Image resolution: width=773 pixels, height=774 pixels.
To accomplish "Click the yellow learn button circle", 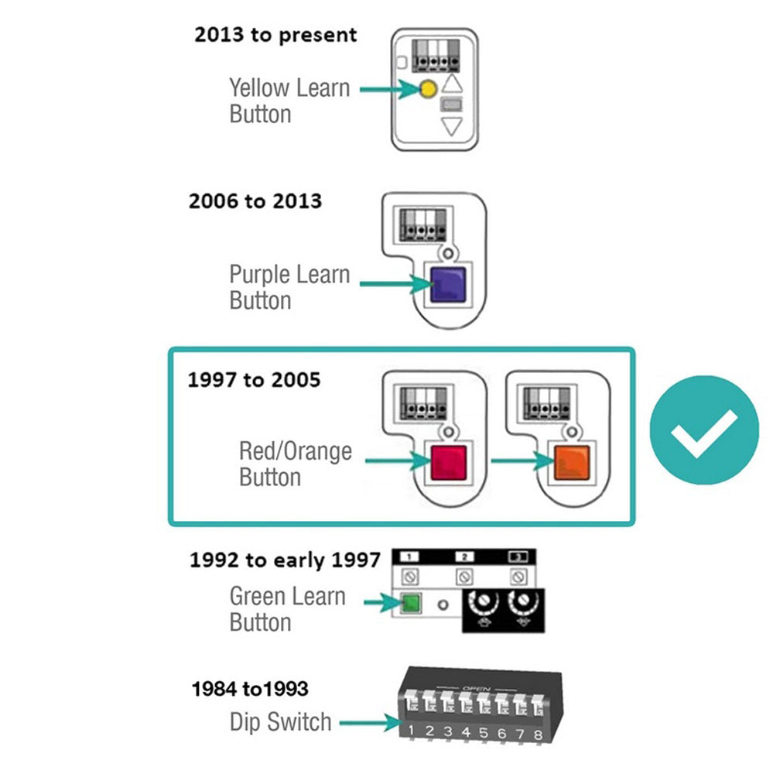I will click(426, 89).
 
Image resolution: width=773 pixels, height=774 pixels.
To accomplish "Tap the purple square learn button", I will click(446, 284).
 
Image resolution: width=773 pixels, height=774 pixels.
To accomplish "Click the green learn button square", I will click(409, 604).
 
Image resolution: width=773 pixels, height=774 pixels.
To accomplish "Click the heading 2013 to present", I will click(275, 35).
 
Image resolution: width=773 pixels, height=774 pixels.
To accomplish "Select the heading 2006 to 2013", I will click(255, 201).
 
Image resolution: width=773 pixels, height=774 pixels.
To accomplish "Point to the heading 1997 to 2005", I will click(254, 380).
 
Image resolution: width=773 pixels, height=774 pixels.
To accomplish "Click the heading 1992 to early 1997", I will click(285, 560).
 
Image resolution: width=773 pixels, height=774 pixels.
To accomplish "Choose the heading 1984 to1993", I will click(250, 687).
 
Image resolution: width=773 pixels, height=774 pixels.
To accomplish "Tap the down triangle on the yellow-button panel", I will click(451, 126).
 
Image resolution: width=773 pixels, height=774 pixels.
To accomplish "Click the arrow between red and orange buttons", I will click(518, 462).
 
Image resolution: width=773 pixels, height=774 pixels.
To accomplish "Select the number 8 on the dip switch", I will click(536, 731).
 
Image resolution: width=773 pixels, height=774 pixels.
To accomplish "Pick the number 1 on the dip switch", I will click(411, 730).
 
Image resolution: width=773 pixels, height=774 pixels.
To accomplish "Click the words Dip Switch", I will click(280, 722).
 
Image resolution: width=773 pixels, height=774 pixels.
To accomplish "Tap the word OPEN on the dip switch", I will click(473, 687).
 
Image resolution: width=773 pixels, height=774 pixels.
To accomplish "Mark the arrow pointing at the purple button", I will click(395, 284).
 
